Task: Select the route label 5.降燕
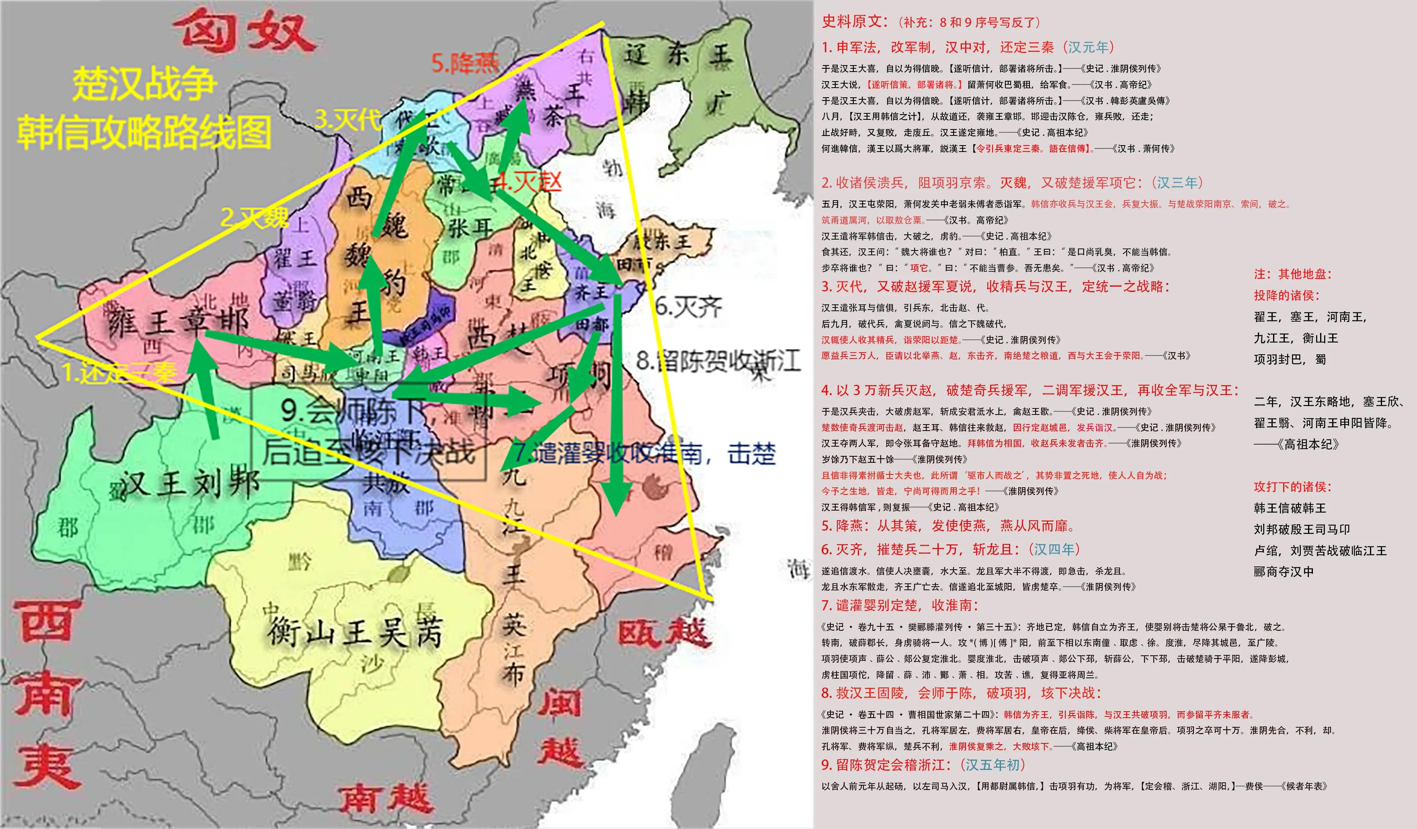point(464,63)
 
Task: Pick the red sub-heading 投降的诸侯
point(1286,295)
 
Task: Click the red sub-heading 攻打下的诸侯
point(1292,486)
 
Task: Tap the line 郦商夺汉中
point(1284,571)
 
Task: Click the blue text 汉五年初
point(993,765)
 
